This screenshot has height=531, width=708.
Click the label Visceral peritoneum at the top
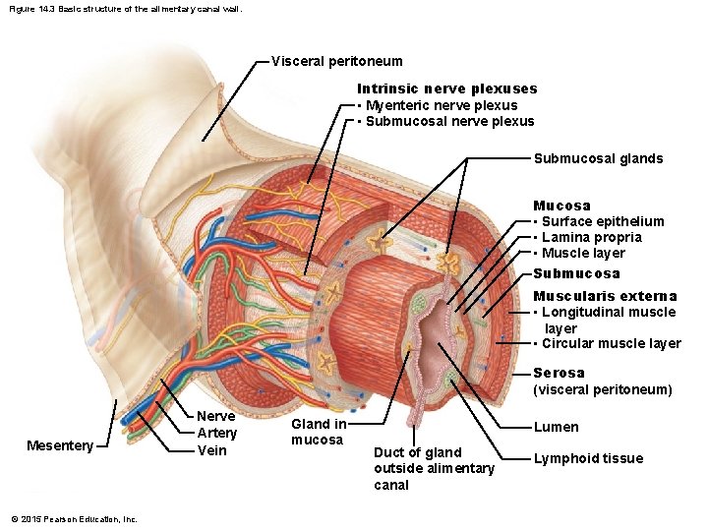pos(336,61)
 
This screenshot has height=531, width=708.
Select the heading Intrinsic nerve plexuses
pos(446,89)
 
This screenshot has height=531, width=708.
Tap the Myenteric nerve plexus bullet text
pos(441,105)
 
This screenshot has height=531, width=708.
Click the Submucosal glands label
pos(598,158)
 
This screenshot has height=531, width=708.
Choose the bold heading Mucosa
pos(561,206)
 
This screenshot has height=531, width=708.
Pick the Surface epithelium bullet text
pos(603,221)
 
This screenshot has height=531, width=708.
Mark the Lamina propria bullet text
pos(591,237)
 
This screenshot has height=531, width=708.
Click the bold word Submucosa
pos(576,273)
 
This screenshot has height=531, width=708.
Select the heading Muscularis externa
pos(605,296)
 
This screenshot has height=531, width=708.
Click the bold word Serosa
pos(559,373)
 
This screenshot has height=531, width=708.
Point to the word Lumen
pos(556,427)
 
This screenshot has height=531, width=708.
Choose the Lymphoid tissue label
pos(588,458)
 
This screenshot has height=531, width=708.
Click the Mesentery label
pos(59,445)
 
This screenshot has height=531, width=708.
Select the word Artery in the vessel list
pos(216,433)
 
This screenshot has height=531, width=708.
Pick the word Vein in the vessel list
pos(211,450)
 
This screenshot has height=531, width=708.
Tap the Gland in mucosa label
pos(319,432)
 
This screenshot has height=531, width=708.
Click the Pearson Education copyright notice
pos(74,519)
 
